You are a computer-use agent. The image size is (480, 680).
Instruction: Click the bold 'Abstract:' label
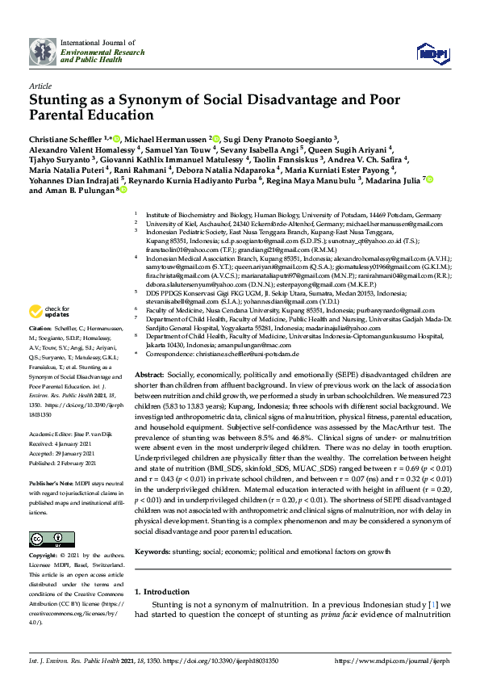click(150, 376)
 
